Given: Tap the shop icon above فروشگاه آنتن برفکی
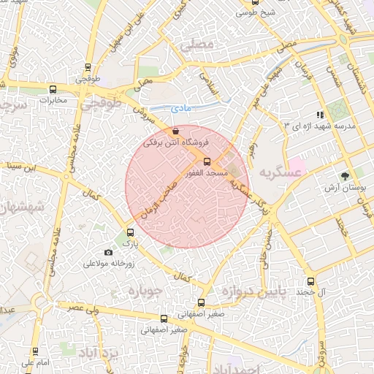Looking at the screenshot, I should click(175, 131).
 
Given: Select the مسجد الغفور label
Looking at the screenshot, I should click(207, 173).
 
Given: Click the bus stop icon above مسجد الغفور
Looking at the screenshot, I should click(207, 161).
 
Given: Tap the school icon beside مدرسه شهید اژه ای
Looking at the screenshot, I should click(319, 115).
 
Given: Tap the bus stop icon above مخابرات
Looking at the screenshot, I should click(52, 90).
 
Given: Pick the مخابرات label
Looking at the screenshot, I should click(53, 100).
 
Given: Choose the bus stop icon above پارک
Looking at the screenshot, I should click(131, 232).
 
